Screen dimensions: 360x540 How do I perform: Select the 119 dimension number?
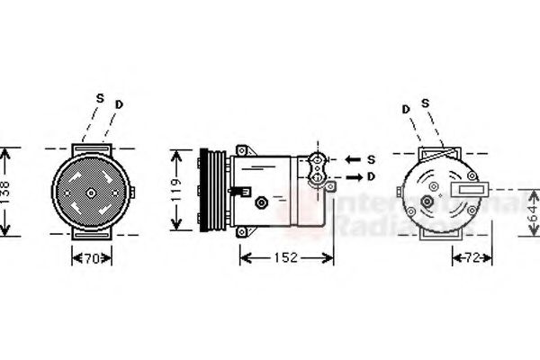180,191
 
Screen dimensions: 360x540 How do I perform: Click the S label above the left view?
100,97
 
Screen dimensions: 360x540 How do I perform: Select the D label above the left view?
119,105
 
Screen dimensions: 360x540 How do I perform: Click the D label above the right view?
406,108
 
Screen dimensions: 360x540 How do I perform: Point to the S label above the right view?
425,104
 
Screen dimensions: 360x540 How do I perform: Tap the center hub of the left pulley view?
91,192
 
